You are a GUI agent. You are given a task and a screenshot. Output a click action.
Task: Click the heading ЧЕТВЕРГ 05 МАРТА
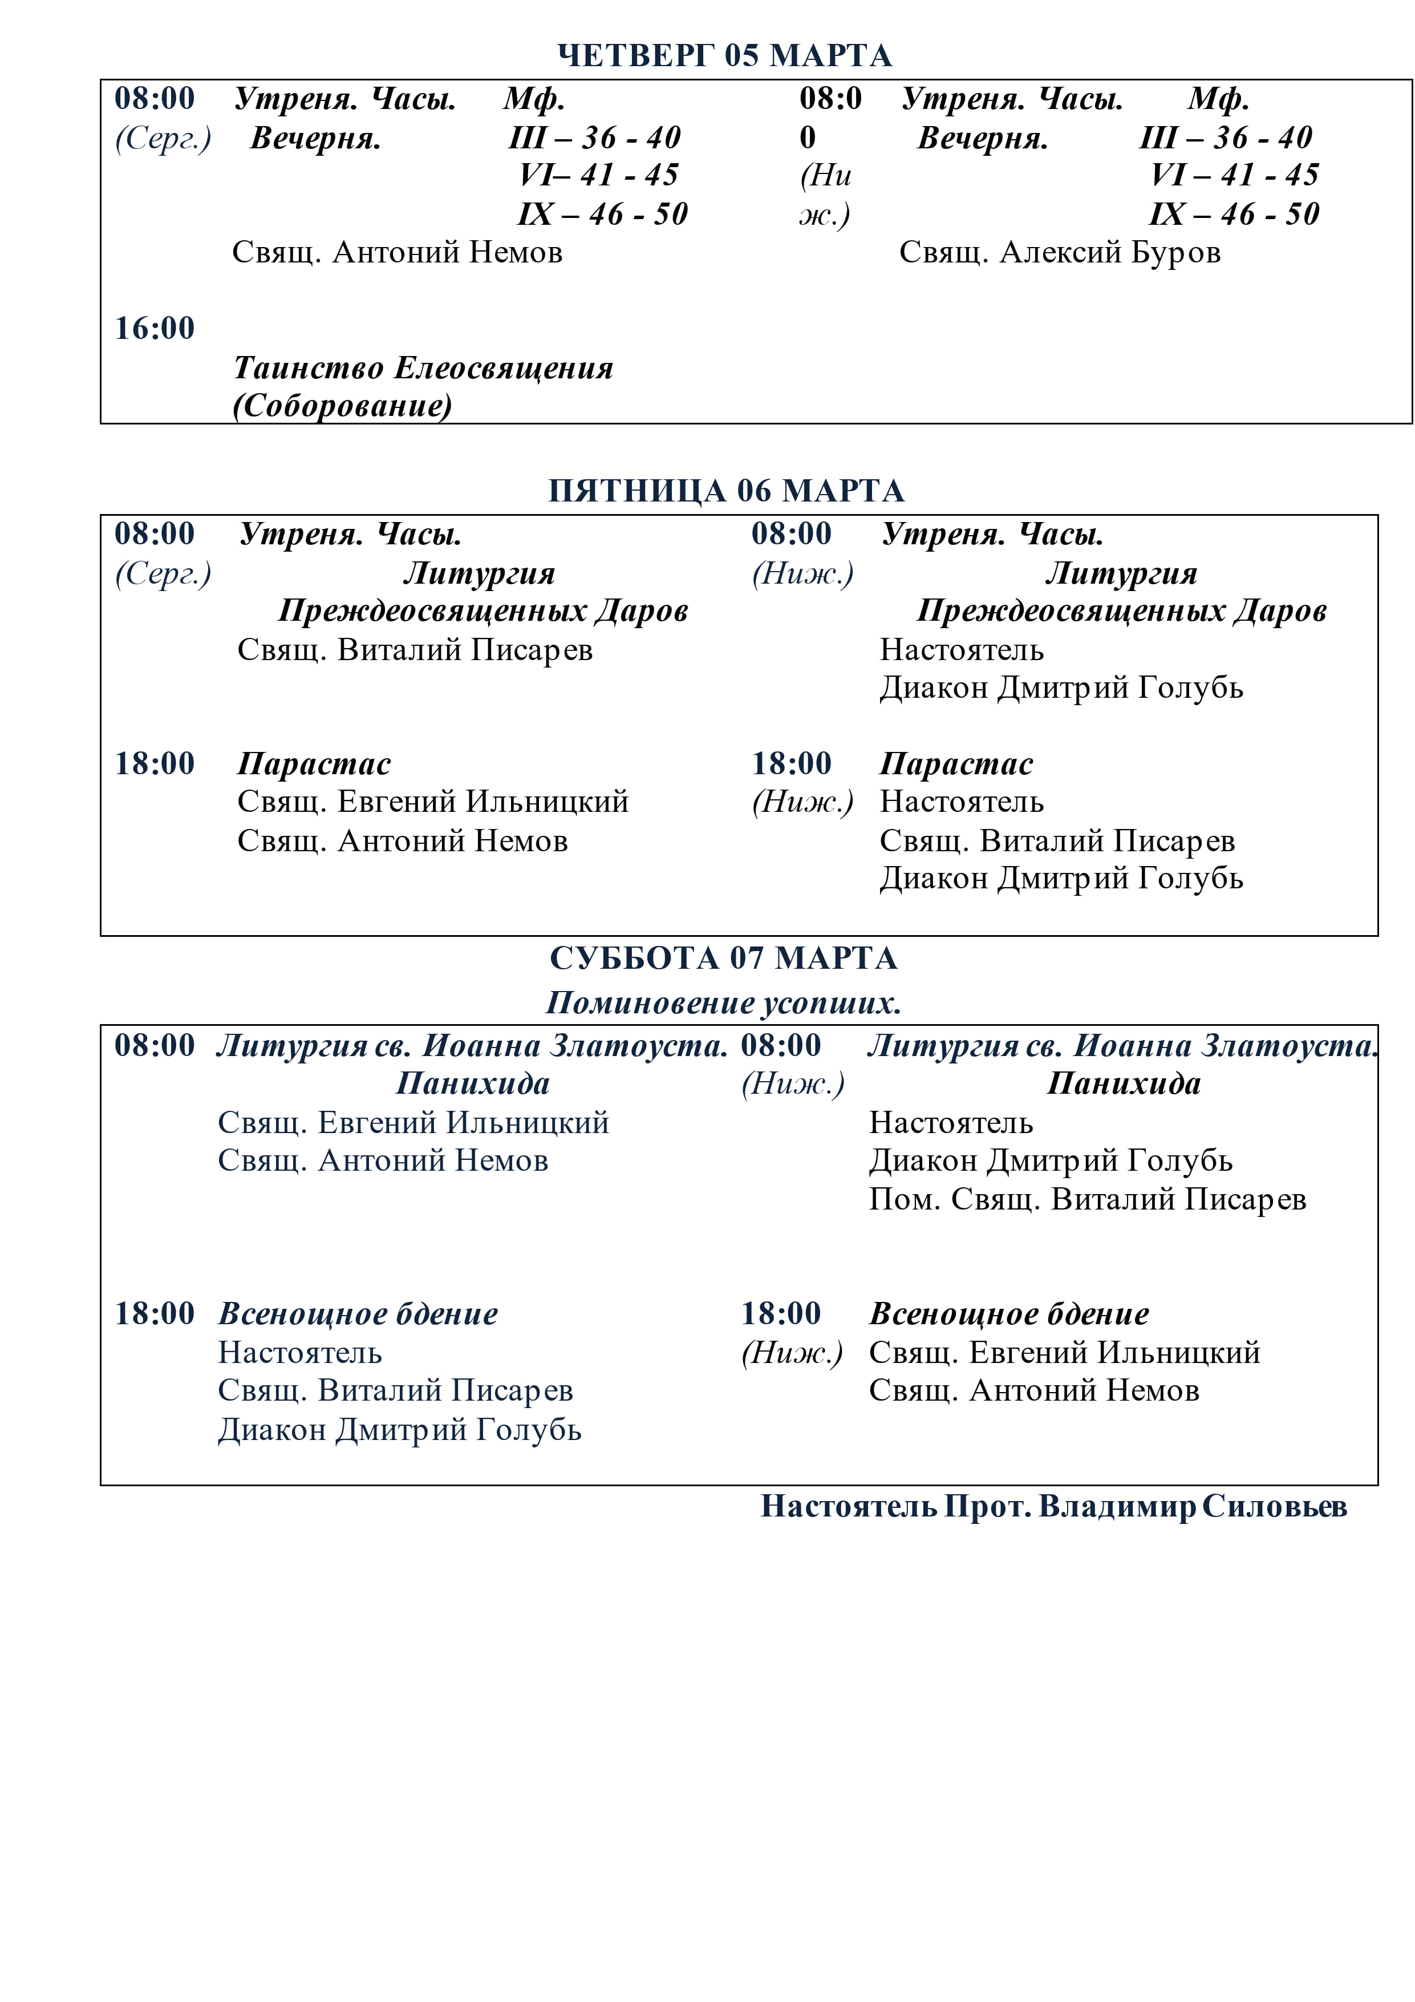[x=724, y=56]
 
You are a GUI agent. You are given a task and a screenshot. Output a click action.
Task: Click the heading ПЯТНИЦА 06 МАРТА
[x=726, y=491]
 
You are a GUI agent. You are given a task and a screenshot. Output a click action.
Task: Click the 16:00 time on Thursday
[x=155, y=329]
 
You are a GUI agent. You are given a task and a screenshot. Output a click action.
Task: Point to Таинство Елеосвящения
[x=423, y=368]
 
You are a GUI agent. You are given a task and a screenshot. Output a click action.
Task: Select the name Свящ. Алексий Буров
[x=1059, y=253]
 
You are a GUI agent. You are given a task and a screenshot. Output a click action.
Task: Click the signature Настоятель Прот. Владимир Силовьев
[x=1053, y=1507]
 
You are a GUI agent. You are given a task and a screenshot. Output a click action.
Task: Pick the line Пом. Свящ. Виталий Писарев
[x=1087, y=1200]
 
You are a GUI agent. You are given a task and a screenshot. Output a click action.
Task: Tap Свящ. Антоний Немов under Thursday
[x=397, y=253]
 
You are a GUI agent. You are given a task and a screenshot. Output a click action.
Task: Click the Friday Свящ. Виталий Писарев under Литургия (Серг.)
[x=415, y=650]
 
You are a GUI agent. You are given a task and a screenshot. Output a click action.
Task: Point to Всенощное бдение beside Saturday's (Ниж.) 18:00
[x=1009, y=1314]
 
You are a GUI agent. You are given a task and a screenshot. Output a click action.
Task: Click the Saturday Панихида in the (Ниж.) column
[x=1124, y=1084]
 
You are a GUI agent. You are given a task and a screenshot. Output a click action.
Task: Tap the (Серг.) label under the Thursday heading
[x=163, y=137]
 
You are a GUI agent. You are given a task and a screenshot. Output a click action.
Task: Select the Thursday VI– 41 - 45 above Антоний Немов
[x=598, y=175]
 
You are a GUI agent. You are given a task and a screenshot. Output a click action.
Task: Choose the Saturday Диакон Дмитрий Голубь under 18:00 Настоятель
[x=399, y=1430]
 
